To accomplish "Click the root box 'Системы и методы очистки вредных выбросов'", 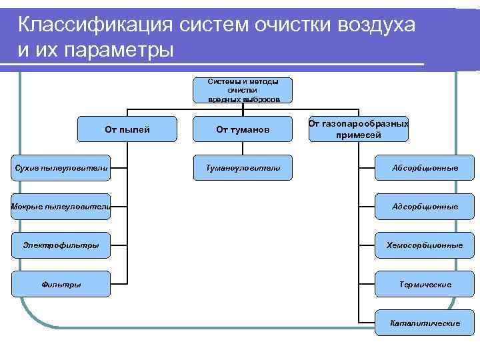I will pos(243,90).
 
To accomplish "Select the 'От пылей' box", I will pos(127,129).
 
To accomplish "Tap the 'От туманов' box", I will pos(243,129).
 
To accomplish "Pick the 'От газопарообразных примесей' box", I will pos(359,129).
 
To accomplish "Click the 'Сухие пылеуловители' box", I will pos(61,168).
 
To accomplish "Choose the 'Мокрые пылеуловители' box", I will pos(60,207).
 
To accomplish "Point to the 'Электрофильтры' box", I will pos(61,245).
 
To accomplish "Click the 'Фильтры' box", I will pos(61,284).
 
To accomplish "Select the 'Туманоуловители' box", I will pos(243,168).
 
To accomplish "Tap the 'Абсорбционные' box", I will pos(425,168).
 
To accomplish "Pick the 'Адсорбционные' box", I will pos(425,207).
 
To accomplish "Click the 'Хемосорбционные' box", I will pos(425,245).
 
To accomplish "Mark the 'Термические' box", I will pos(425,284).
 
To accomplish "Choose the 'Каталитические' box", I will pos(425,323).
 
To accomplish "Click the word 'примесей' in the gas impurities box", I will pos(359,135).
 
